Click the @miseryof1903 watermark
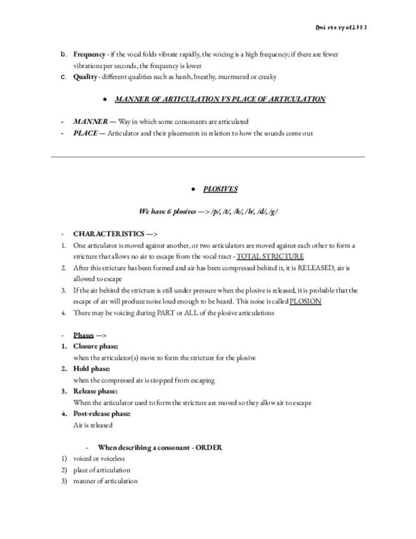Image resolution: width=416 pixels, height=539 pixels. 341,28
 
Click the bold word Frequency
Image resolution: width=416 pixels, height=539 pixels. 89,55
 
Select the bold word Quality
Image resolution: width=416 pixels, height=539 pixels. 85,77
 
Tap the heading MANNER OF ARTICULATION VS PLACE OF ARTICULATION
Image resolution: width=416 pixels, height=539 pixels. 220,99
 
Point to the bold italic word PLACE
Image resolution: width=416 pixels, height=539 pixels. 85,133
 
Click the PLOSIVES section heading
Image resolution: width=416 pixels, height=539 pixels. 220,189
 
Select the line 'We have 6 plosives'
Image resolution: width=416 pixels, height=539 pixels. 208,212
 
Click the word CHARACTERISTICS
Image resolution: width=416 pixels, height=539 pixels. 107,234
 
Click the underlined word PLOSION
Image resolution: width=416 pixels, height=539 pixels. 305,301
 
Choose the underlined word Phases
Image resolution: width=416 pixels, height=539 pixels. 83,335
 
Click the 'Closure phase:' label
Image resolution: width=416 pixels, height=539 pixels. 95,346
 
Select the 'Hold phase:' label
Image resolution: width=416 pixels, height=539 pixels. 91,369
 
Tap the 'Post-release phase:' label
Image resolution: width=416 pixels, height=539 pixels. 102,414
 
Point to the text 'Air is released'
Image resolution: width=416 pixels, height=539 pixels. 93,425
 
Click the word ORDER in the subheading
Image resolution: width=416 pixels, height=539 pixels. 208,447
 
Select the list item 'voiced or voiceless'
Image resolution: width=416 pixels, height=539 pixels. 99,458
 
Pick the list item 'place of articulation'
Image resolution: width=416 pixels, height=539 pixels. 102,470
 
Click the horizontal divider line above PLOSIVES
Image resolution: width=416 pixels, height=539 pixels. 208,156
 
